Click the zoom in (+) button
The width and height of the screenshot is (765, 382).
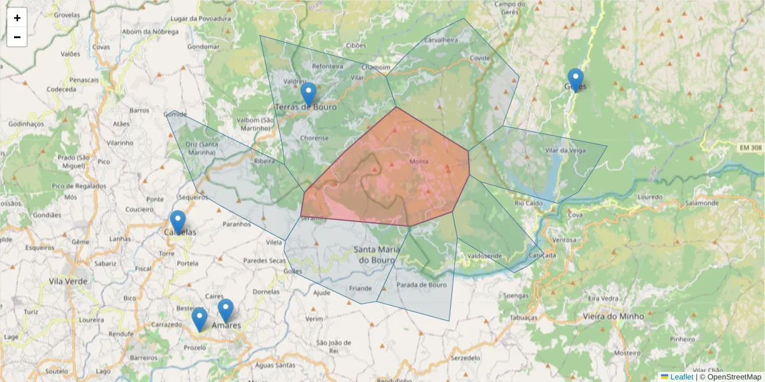(x=17, y=18)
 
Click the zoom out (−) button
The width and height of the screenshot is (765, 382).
(x=17, y=37)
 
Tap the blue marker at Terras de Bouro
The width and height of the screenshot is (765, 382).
(x=309, y=94)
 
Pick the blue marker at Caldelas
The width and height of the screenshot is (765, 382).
(x=178, y=222)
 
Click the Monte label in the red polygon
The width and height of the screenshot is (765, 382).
(x=419, y=162)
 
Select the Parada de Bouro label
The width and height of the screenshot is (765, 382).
(x=421, y=285)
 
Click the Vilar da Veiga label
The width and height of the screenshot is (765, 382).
(x=565, y=150)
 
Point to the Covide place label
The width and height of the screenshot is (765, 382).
(x=479, y=58)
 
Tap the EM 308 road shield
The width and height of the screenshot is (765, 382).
(x=751, y=148)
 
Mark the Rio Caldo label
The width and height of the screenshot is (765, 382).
(x=528, y=203)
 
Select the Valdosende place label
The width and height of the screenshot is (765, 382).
(x=484, y=256)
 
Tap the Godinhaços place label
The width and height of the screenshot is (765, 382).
(x=26, y=124)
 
